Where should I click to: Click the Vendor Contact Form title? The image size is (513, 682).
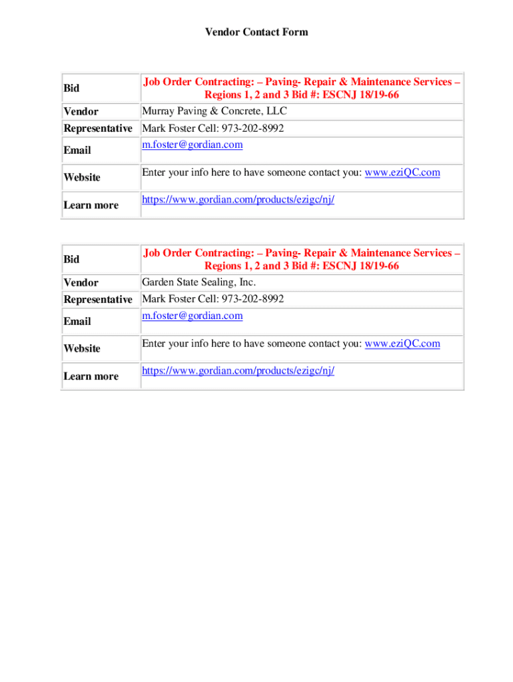[x=256, y=32]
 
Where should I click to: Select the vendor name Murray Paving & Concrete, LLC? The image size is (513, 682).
[x=214, y=111]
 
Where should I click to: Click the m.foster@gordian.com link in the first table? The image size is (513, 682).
[x=192, y=145]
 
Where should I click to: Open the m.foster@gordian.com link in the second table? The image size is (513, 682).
[x=192, y=316]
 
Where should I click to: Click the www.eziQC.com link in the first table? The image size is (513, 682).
[x=402, y=172]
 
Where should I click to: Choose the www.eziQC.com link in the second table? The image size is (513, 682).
[x=402, y=344]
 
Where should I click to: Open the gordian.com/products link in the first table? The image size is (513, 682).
[x=238, y=199]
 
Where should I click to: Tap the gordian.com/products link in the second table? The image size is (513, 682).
[x=238, y=370]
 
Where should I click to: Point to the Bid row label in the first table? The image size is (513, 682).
[x=71, y=89]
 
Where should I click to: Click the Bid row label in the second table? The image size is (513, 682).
[x=71, y=260]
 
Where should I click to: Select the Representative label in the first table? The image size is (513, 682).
[x=98, y=129]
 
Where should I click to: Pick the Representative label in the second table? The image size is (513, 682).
[x=98, y=300]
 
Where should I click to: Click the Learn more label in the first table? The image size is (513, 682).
[x=91, y=205]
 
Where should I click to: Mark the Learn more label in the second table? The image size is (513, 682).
[x=91, y=376]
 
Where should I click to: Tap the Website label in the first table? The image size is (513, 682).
[x=82, y=177]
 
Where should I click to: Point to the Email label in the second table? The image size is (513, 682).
[x=77, y=321]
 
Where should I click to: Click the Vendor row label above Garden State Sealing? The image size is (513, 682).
[x=81, y=282]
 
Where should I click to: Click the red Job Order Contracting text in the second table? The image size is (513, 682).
[x=301, y=260]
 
